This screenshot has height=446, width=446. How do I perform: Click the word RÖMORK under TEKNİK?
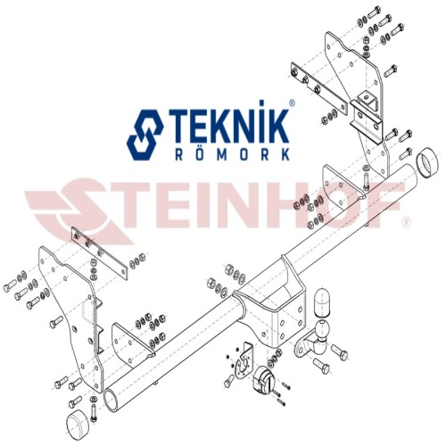233,154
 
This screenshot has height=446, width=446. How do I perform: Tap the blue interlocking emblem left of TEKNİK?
145,135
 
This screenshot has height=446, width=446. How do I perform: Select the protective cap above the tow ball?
322,301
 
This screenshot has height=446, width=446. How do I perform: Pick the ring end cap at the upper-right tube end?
427,162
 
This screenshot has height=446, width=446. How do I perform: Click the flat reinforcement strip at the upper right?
318,88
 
